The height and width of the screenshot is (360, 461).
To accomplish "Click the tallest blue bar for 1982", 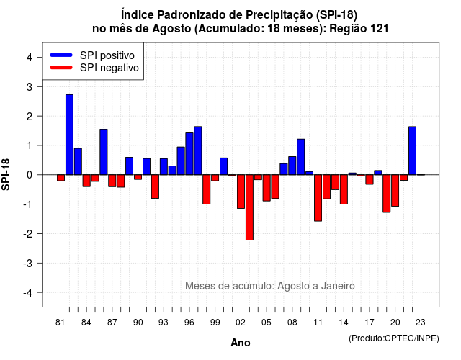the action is [69, 135].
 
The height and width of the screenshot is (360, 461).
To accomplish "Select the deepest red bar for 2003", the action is [249, 207].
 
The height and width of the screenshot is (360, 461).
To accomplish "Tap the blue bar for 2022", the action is [412, 150].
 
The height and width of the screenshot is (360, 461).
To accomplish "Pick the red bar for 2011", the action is [318, 198].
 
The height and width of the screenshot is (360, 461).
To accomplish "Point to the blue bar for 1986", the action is [104, 152].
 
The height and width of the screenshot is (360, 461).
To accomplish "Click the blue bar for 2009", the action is [301, 157].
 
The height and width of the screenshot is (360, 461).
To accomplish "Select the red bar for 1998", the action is [207, 189].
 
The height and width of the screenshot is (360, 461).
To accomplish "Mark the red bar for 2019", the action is [386, 194].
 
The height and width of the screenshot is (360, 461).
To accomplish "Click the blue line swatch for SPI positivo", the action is [61, 55].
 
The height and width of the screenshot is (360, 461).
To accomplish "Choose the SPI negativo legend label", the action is [109, 68].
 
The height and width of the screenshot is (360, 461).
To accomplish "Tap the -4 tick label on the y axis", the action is [28, 293].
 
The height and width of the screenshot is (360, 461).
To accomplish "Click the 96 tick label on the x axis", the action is [189, 323].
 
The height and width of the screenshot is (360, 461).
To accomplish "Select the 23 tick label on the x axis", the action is [421, 323].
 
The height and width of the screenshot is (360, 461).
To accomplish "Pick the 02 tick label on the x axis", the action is [241, 323].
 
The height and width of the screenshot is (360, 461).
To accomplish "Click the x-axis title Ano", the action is [241, 343].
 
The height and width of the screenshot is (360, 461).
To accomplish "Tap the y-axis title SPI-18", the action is [6, 174].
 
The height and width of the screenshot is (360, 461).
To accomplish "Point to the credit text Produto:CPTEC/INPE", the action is [394, 338].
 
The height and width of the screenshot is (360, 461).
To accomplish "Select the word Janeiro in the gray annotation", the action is [338, 286].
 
